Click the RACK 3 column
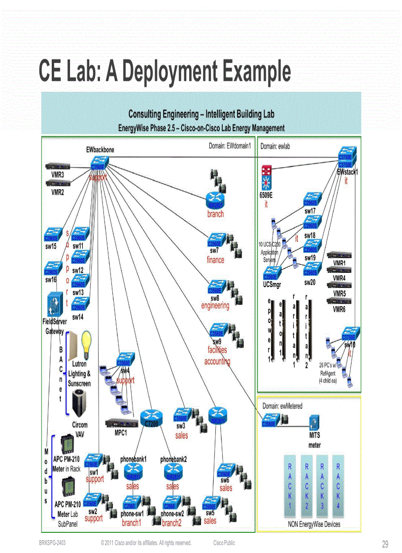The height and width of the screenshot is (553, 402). tap(322, 485)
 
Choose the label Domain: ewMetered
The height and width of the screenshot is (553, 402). tap(282, 406)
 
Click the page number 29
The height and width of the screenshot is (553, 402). tap(385, 544)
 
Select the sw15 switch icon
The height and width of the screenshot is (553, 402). tap(52, 234)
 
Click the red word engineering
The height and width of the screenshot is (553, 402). tap(215, 306)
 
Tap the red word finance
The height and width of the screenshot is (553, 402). tap(215, 260)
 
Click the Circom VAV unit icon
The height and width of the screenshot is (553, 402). tap(80, 403)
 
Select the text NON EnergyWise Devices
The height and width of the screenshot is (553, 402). tap(314, 524)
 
